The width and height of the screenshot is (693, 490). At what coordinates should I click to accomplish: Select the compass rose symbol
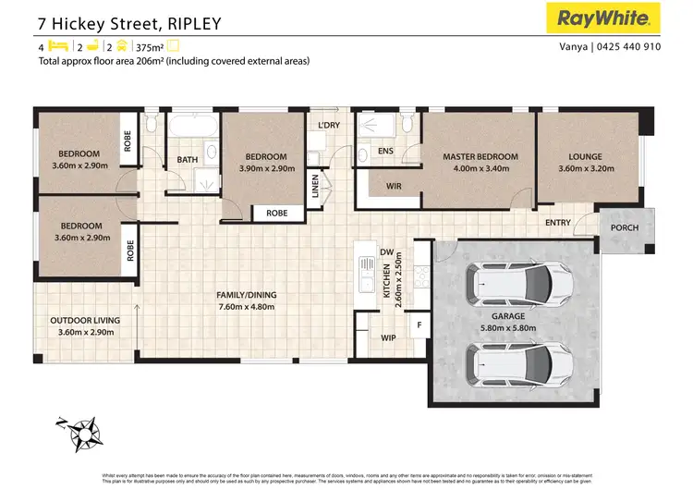pos(85,432)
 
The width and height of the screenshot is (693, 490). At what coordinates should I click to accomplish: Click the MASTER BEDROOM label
pos(480,157)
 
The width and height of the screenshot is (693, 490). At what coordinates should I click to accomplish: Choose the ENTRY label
pos(558,223)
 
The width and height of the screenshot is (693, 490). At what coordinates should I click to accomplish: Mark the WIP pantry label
pos(389,338)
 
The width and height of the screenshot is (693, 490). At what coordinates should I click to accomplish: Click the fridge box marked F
pos(419,325)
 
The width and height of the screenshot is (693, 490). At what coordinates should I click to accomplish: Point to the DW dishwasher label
pos(386,252)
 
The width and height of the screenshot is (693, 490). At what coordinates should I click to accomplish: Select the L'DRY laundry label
pos(328,125)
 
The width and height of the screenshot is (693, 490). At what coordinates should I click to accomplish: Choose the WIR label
pos(393,186)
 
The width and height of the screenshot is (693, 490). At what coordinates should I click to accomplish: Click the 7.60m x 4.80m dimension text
pos(246,307)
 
